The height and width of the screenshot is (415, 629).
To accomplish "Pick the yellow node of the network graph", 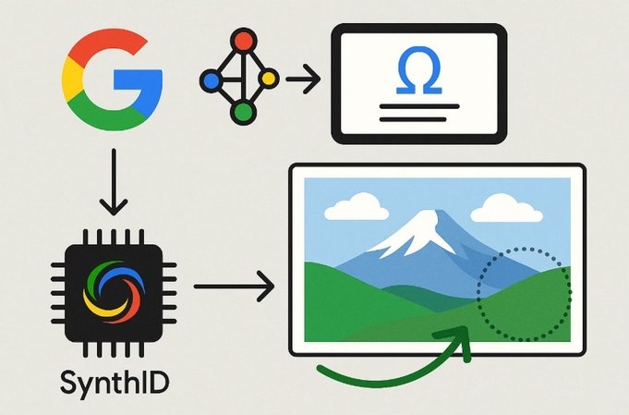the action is click(268, 79).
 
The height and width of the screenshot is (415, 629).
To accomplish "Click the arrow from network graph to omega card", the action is click(303, 79).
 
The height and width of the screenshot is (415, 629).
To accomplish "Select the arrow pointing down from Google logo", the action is click(114, 182).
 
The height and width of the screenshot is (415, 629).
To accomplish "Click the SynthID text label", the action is click(115, 382).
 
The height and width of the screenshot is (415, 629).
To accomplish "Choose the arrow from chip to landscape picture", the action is click(235, 287).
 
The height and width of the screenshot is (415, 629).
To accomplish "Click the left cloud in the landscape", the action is click(357, 207).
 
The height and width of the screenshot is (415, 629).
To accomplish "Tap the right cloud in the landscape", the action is click(507, 209).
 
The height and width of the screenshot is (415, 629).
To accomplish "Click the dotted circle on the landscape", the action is click(478, 295).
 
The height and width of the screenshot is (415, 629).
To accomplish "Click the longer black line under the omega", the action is click(419, 106).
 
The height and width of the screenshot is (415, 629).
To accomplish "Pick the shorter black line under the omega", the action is click(413, 119).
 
